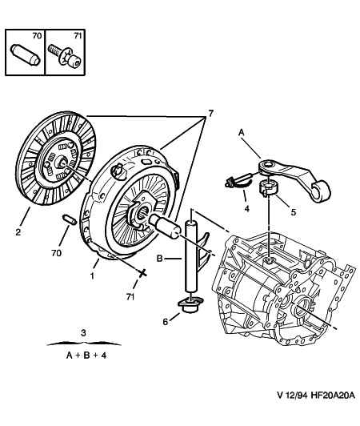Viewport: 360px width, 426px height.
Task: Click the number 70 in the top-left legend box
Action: point(38,37)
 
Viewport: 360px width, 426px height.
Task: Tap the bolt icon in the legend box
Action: point(65,57)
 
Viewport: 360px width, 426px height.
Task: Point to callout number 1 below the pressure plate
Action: point(93,276)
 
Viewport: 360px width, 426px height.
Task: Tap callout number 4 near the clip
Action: point(246,209)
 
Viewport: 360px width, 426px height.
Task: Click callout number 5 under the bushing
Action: point(293,213)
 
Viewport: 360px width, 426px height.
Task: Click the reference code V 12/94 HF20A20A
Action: point(315,417)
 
